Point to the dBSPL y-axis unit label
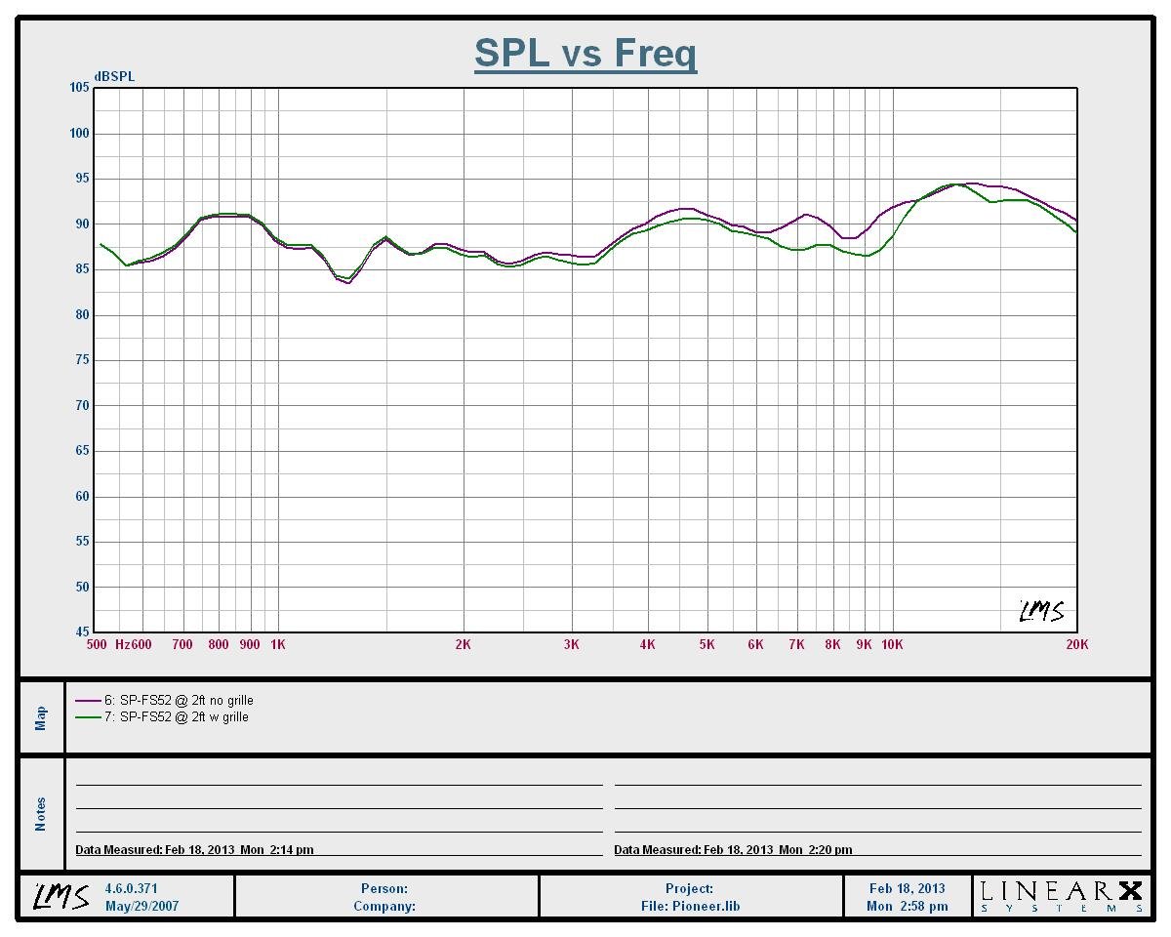[114, 77]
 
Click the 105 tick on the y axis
[79, 88]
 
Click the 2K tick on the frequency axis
[463, 644]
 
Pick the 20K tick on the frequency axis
[1076, 644]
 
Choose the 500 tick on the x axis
[97, 644]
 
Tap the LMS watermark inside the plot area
[1041, 612]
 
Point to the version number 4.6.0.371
[131, 889]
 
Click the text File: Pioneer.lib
[690, 906]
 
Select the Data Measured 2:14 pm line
[194, 849]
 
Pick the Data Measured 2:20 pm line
[733, 849]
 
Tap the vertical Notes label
[41, 814]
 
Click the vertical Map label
[41, 717]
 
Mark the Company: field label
[384, 906]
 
